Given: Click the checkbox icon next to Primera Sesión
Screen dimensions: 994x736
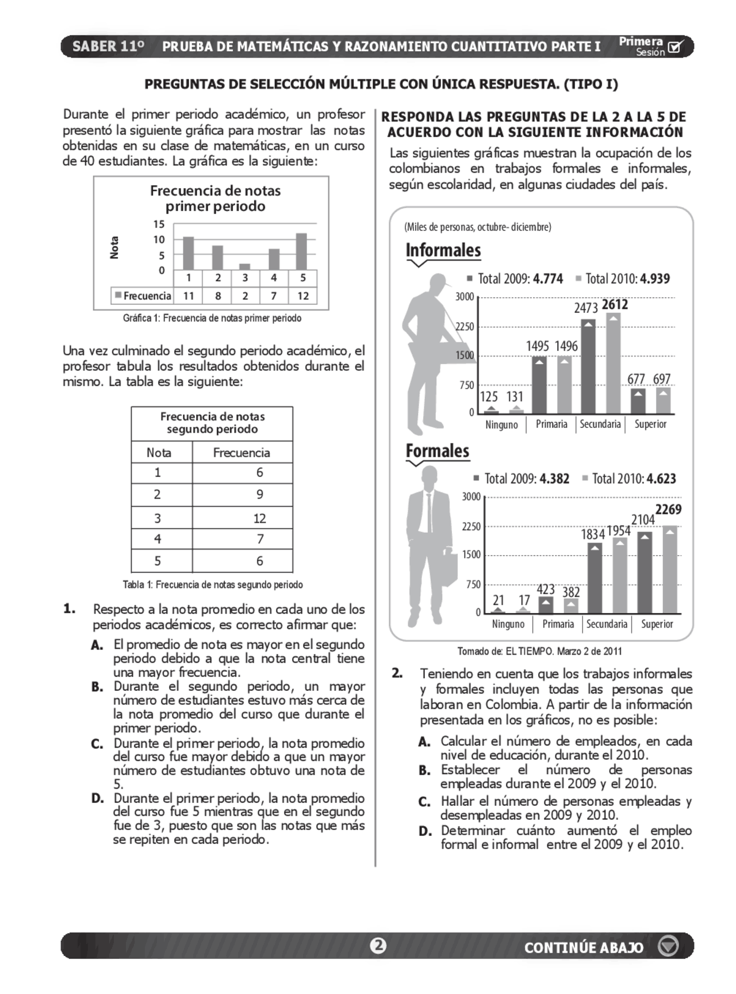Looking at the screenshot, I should pos(676,47).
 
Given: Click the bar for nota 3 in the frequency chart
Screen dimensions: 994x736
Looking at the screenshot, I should pos(245,266).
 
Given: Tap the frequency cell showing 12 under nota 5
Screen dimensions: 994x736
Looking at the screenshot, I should pos(303,296).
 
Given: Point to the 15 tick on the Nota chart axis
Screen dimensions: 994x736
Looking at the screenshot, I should pos(159,224).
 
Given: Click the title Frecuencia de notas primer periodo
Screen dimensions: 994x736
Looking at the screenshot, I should pos(215,198).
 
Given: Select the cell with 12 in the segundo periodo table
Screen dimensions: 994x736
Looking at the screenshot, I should pos(259,518).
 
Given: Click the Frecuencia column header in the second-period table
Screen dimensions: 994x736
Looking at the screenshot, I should pos(241,453).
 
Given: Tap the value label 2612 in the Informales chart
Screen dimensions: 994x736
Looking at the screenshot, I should pos(615,304).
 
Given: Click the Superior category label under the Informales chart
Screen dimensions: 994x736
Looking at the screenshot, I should pos(650,425).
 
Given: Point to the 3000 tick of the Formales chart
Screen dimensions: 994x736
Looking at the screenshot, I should pos(471,496).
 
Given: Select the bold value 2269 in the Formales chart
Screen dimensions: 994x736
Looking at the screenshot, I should pos(668,509).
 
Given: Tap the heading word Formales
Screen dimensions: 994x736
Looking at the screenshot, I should pos(438,450).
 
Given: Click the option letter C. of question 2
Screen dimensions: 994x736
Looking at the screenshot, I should pos(424,802).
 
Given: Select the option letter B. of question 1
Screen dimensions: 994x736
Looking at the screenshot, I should pos(97,687).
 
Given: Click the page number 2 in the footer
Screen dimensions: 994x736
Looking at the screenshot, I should pos(378,946).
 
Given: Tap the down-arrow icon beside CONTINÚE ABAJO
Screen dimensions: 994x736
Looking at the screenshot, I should pos(668,946).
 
